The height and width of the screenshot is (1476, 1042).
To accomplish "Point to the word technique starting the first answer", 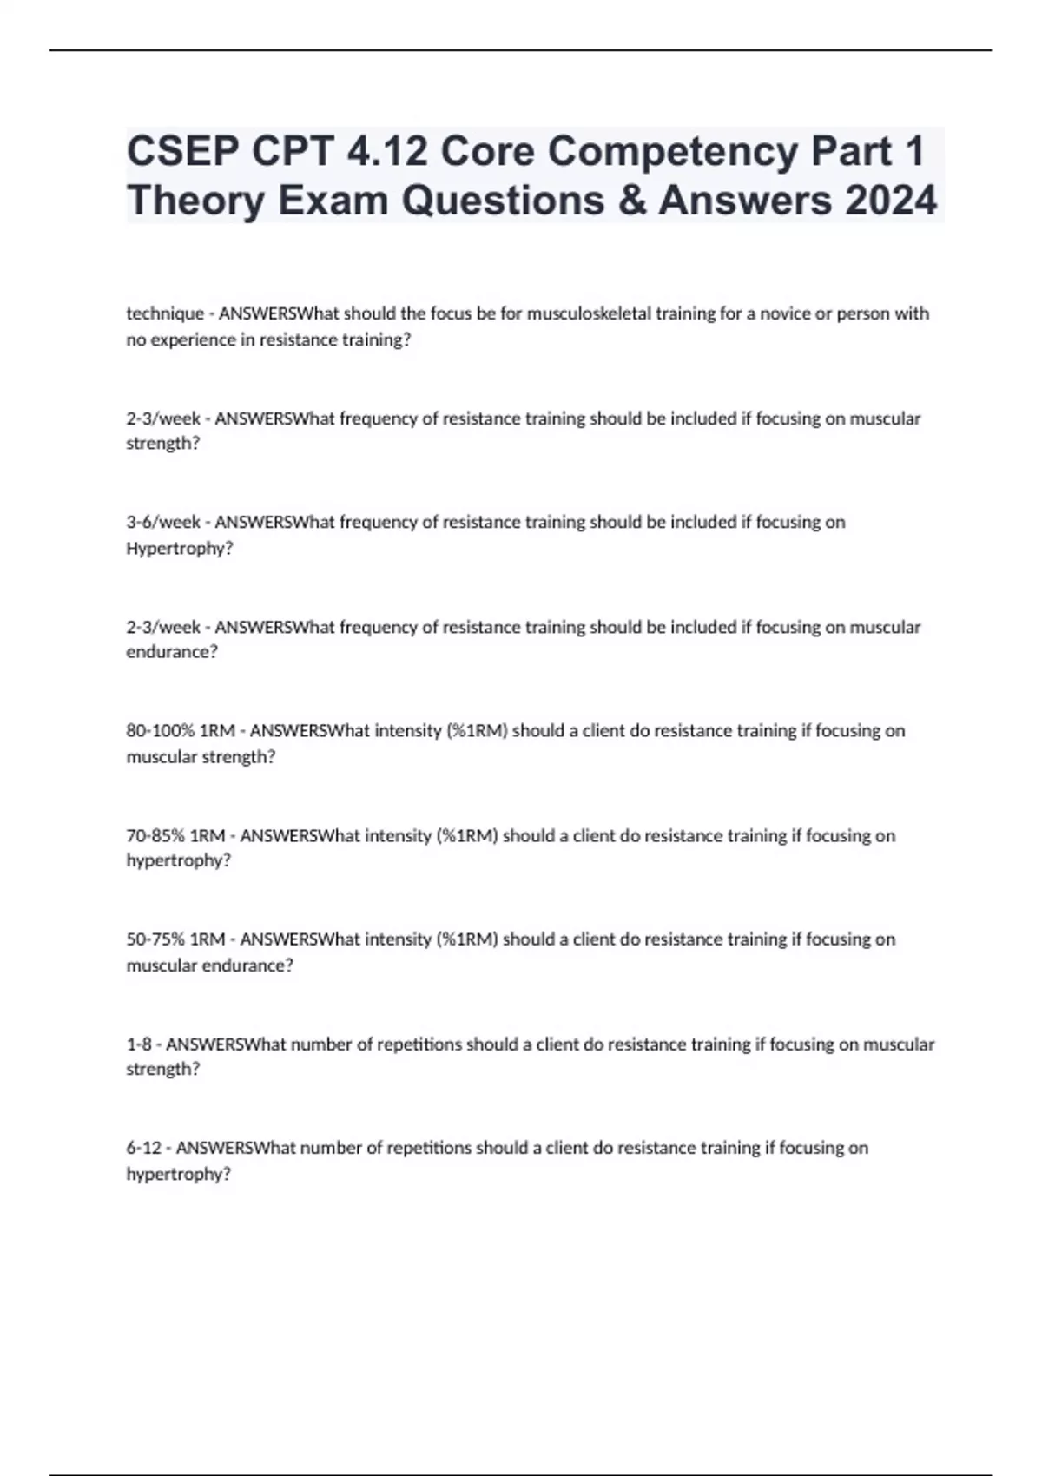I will click(165, 313).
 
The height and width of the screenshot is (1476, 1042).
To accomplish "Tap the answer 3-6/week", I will click(163, 522).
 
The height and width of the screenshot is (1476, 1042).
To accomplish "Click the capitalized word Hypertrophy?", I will click(180, 549).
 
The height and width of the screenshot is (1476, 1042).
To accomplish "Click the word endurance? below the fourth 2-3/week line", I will click(172, 652).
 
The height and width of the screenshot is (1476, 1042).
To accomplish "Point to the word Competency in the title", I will click(674, 152).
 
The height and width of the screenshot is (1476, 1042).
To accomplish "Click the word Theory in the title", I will click(195, 201).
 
